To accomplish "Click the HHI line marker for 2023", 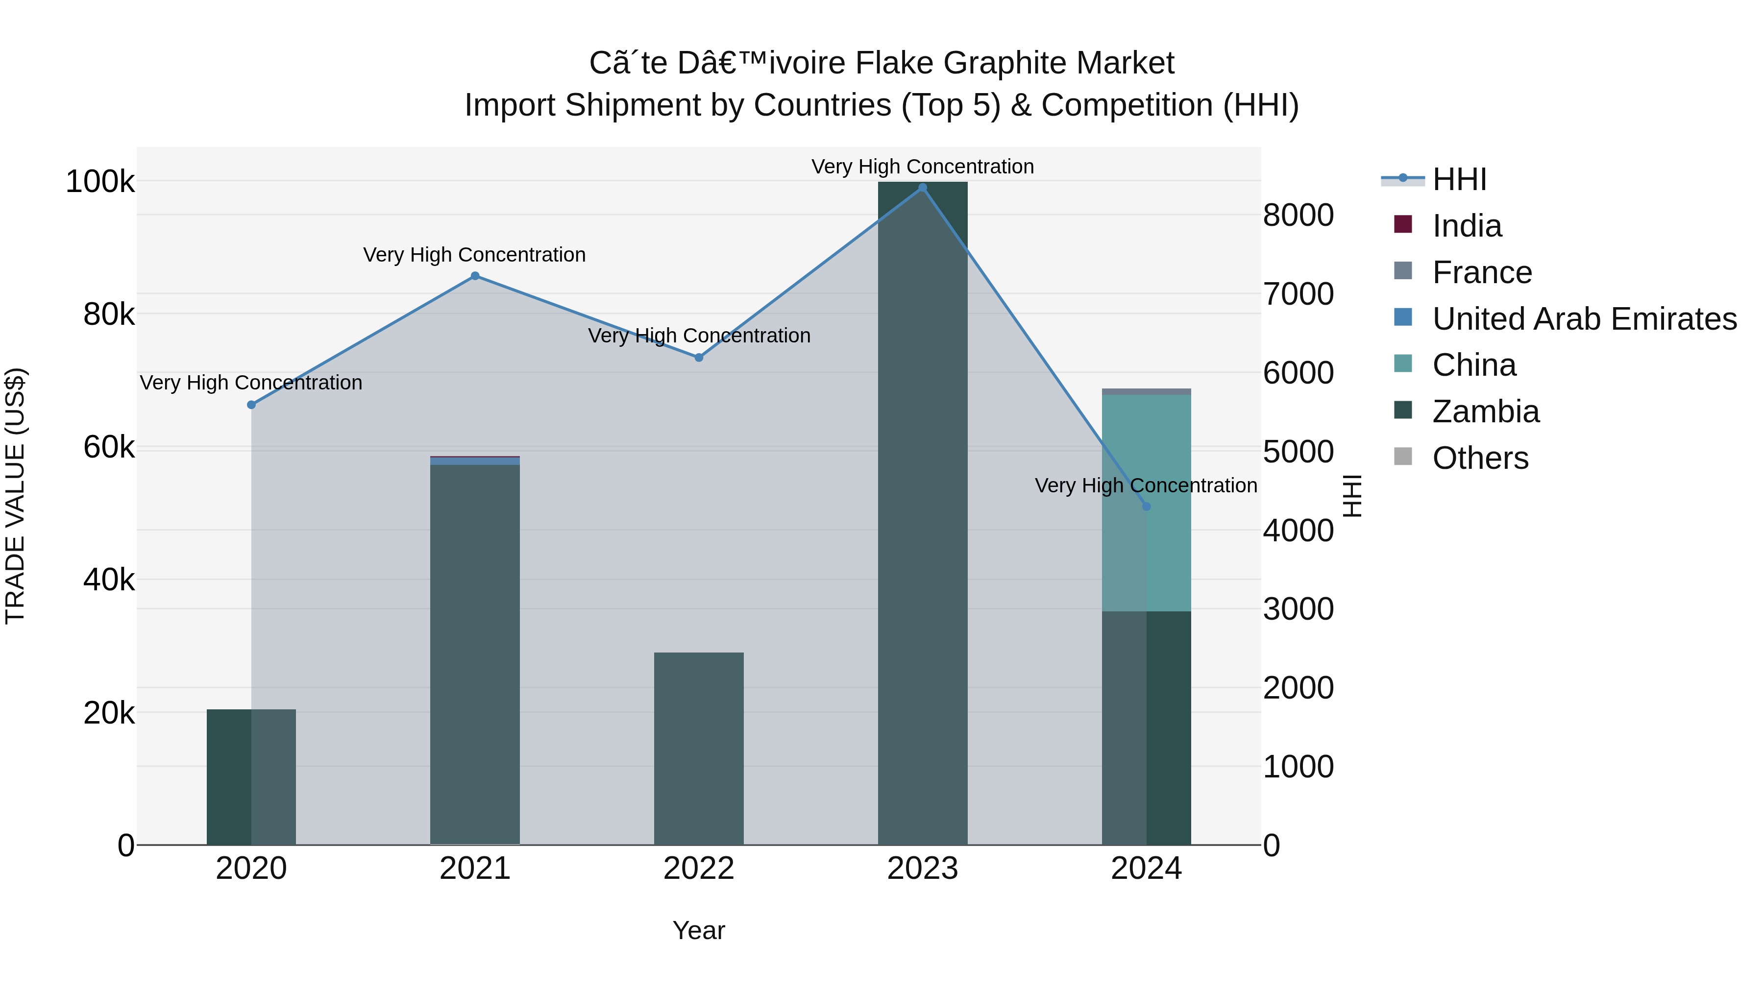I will point(922,188).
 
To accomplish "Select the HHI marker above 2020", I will point(251,405).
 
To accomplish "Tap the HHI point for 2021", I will point(475,276).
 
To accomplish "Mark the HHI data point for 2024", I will point(1146,507).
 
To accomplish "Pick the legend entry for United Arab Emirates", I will point(1584,319).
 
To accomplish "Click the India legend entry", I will point(1467,226).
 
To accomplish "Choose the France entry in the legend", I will point(1482,272).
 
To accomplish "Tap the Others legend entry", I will point(1480,458).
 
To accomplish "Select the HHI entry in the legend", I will point(1459,179).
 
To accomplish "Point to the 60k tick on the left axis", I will point(109,448).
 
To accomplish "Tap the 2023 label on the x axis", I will point(922,869).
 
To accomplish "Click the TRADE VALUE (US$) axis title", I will point(15,496).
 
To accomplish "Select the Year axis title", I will point(698,930).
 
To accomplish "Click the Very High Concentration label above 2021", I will point(474,255).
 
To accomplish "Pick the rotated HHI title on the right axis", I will point(1352,496).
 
